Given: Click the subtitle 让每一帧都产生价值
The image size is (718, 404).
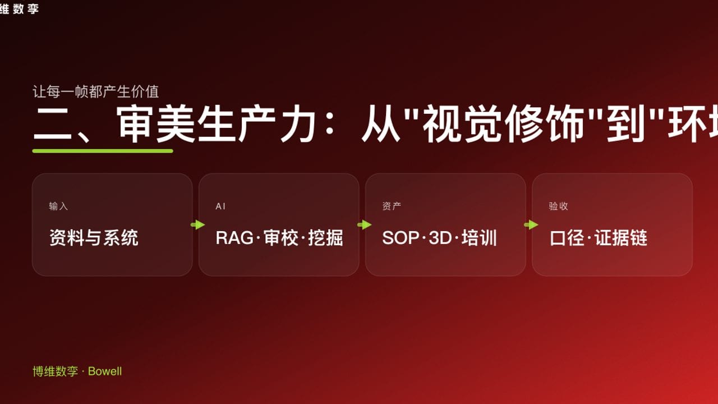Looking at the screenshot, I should tap(96, 91).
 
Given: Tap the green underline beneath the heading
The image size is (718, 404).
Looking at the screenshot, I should tap(103, 150).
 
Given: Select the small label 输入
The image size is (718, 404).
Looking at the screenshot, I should tap(58, 206).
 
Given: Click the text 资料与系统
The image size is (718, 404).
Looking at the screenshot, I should tap(94, 238).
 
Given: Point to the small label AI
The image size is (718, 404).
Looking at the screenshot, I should tap(220, 206).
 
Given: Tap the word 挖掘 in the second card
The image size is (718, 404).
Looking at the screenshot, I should tap(325, 238).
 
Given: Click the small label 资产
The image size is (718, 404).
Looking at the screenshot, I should tap(392, 206).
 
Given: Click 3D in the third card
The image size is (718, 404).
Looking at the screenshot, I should tap(440, 238).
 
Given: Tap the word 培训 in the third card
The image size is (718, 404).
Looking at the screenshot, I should tap(479, 238).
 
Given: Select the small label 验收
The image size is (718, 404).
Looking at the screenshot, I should tap(558, 206).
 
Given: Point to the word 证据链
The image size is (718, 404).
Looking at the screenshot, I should tap(621, 238).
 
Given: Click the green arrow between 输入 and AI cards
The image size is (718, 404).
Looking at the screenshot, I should tap(197, 225).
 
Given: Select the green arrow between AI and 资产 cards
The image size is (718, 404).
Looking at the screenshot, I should tap(364, 225).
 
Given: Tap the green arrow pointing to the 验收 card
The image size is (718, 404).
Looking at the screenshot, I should tap(531, 225).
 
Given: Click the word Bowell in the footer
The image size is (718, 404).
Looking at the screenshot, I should tap(105, 371).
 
